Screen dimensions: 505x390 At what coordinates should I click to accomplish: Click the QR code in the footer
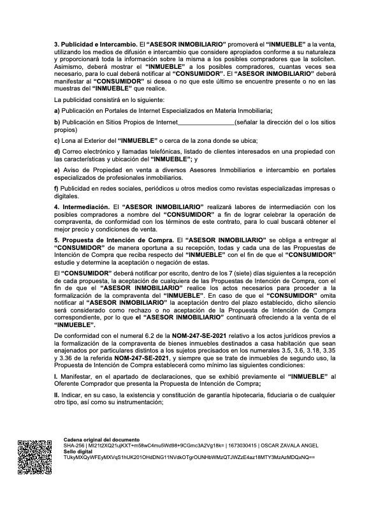[31, 458]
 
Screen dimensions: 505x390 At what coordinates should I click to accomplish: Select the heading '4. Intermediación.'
[82, 207]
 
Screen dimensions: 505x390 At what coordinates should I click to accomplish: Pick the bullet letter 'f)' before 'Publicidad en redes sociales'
[57, 189]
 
